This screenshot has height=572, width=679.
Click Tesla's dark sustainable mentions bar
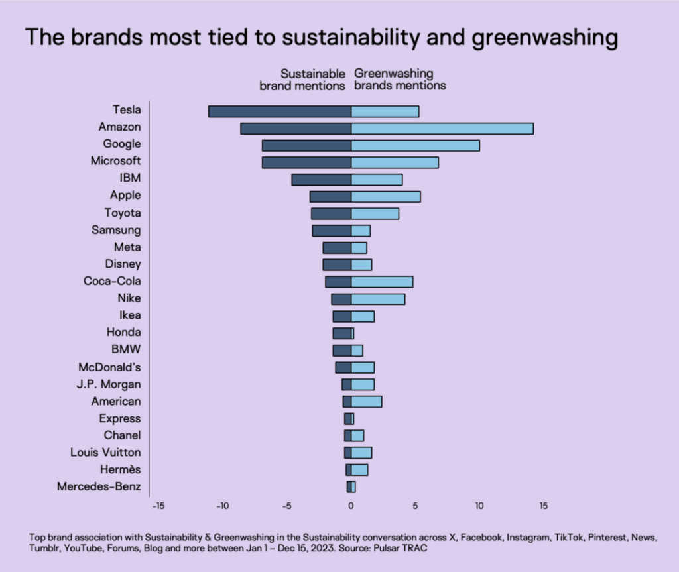tap(279, 111)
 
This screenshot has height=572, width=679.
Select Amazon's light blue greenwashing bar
tap(442, 129)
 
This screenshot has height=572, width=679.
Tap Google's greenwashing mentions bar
tap(415, 146)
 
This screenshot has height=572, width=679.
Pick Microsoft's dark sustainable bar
tap(306, 162)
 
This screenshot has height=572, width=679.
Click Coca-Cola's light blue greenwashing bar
tap(382, 282)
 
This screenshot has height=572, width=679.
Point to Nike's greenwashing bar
tap(378, 299)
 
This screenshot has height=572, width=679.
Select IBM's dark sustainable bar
tap(321, 180)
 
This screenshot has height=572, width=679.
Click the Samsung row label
tap(116, 230)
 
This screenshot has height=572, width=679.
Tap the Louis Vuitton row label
tap(105, 452)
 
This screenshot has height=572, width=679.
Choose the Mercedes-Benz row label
tap(99, 486)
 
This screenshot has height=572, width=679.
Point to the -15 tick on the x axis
tap(158, 506)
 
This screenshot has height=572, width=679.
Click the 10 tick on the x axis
tap(479, 506)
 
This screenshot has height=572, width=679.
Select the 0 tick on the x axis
tap(351, 506)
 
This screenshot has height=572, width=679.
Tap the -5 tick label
tap(286, 506)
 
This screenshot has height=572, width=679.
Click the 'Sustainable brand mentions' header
tap(302, 80)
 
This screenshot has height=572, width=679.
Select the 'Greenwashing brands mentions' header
tap(400, 80)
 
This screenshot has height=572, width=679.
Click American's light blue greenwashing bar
tap(366, 402)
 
